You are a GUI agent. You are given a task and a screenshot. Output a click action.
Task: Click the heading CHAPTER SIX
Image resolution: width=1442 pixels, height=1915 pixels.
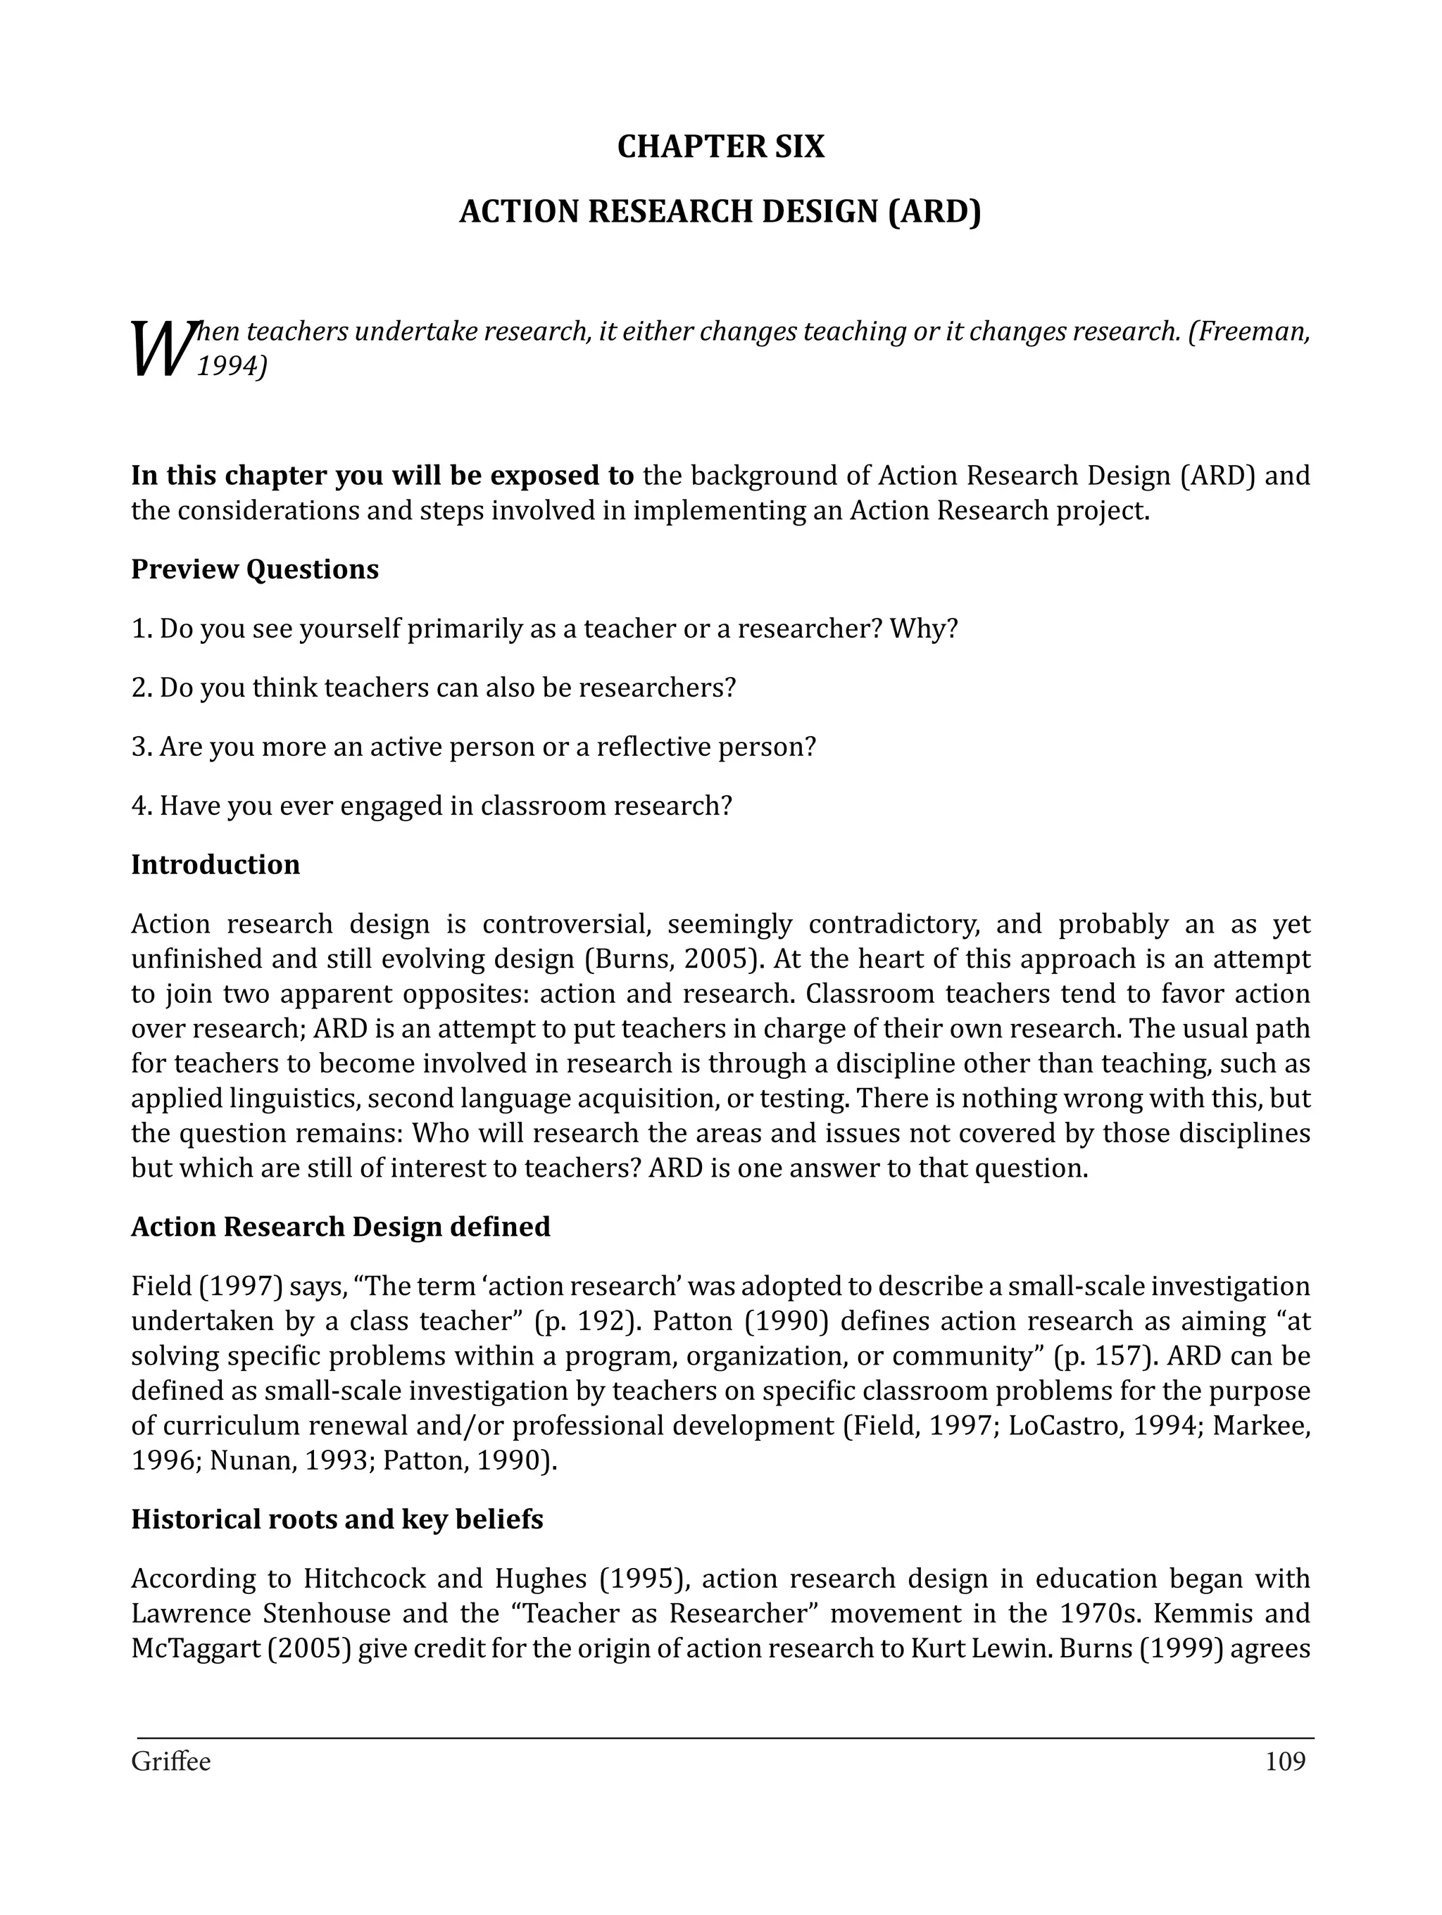click(x=720, y=147)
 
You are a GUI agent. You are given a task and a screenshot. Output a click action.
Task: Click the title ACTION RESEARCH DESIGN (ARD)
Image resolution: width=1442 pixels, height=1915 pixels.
click(x=720, y=212)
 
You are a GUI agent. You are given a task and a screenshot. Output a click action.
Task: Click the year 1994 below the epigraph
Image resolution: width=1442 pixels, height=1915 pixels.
click(x=227, y=367)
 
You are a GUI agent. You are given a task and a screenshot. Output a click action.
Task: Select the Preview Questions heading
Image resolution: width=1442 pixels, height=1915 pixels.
click(x=255, y=569)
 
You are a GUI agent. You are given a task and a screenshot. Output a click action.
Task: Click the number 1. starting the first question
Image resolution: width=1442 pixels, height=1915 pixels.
click(x=142, y=628)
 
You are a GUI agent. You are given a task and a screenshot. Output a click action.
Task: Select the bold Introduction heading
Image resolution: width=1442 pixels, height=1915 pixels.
click(x=215, y=865)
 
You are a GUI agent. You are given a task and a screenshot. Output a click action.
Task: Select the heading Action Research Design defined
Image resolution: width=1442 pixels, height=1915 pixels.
click(x=340, y=1227)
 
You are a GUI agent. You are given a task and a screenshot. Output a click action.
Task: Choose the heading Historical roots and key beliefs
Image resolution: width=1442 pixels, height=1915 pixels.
click(x=337, y=1519)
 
